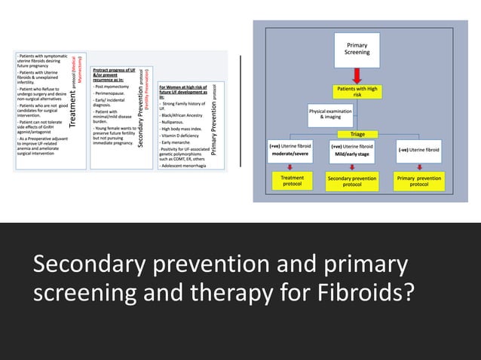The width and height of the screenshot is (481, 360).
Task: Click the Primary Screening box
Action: pyautogui.click(x=357, y=49)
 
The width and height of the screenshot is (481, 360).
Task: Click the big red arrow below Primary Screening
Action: pyautogui.click(x=357, y=75)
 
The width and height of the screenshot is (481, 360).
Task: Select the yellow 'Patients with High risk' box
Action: pyautogui.click(x=357, y=92)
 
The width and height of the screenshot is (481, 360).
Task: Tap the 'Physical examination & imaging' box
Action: pyautogui.click(x=330, y=114)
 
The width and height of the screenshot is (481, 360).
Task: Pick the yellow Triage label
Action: pyautogui.click(x=357, y=134)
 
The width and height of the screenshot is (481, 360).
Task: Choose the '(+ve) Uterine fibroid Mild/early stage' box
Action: pyautogui.click(x=351, y=151)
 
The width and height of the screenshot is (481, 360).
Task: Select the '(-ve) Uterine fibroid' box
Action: pyautogui.click(x=419, y=150)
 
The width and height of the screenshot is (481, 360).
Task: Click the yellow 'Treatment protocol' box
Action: pyautogui.click(x=292, y=181)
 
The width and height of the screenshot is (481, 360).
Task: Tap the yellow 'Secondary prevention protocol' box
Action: pyautogui.click(x=351, y=181)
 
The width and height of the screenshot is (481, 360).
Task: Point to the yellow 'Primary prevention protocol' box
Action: pyautogui.click(x=419, y=181)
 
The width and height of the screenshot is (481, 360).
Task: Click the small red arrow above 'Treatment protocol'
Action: pyautogui.click(x=292, y=166)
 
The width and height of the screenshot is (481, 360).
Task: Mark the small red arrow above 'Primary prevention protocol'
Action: pyautogui.click(x=419, y=166)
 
